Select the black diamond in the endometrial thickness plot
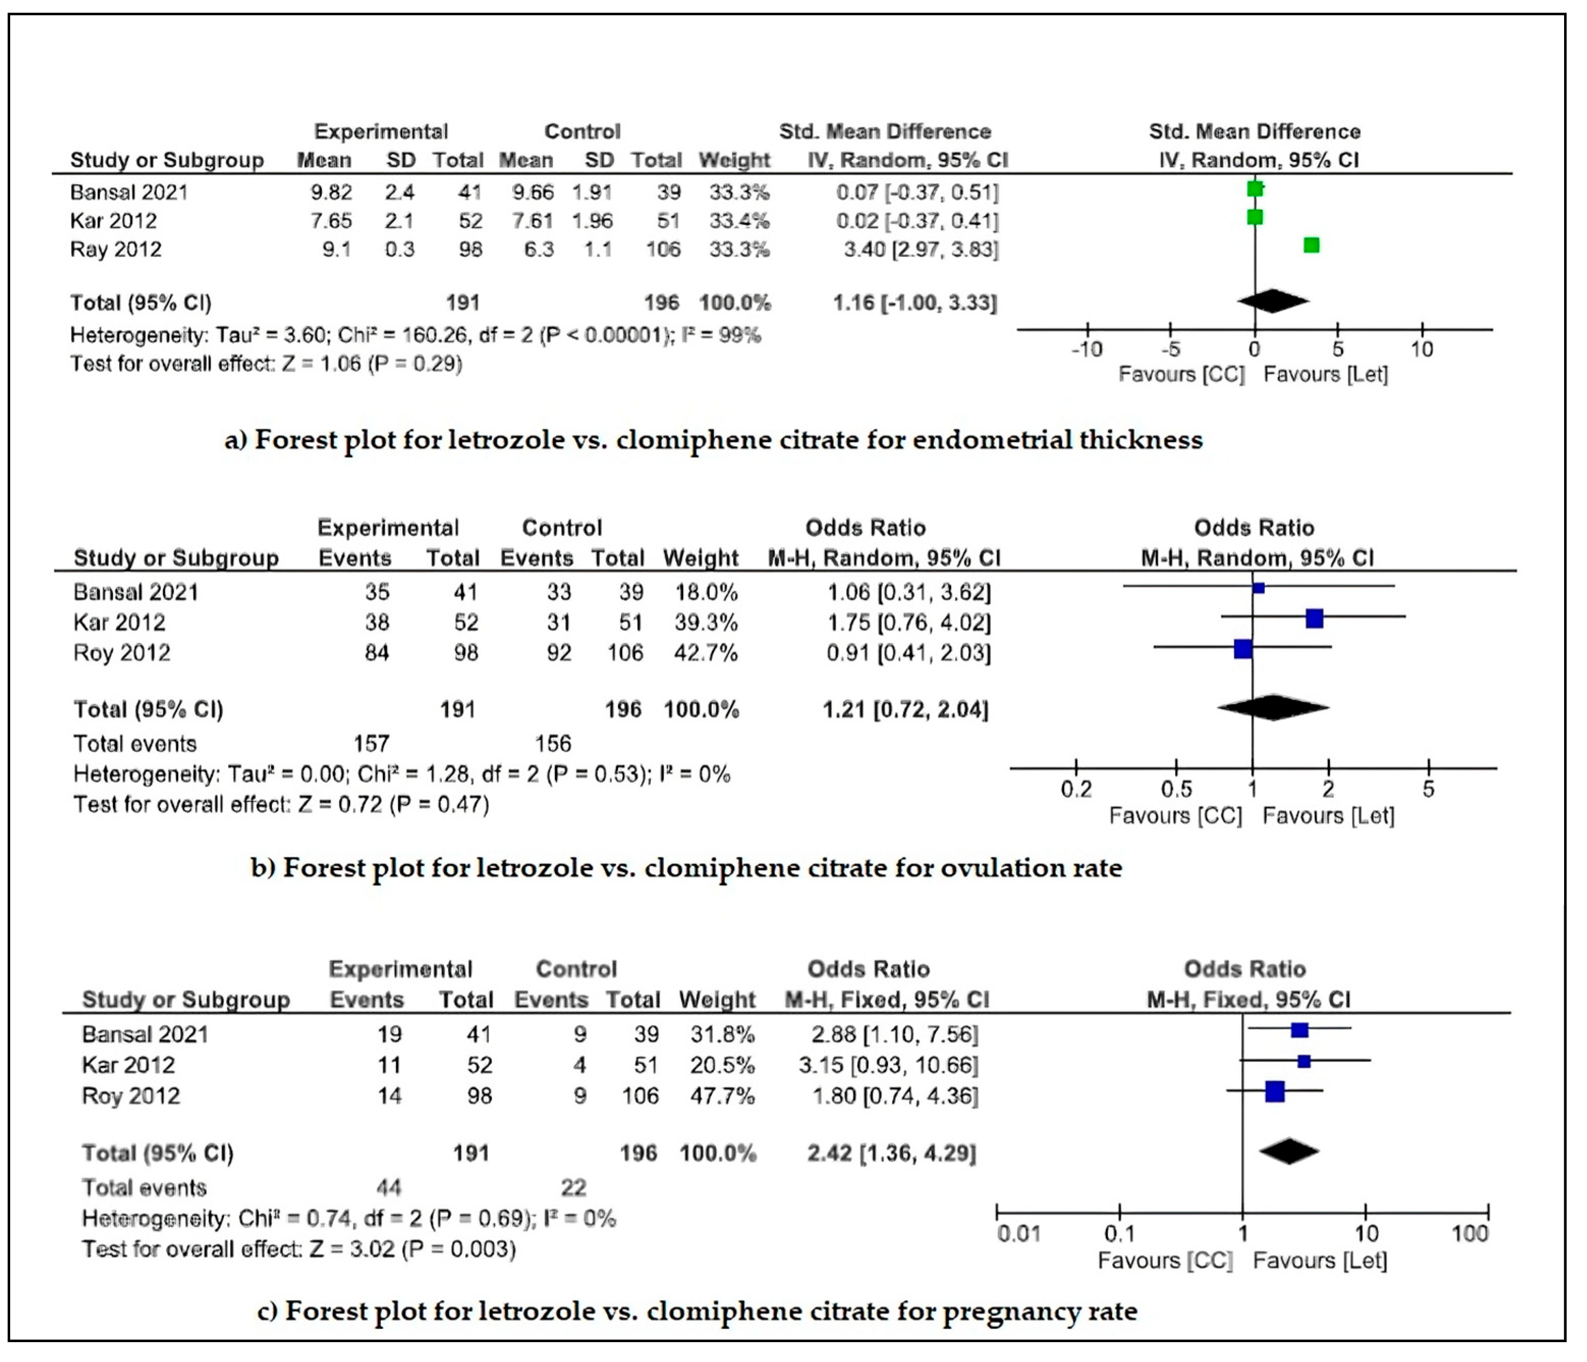[x=1272, y=301]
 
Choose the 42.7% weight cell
[x=706, y=653]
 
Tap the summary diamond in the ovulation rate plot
[x=1272, y=707]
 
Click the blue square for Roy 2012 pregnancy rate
[x=1274, y=1092]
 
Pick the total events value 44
[x=389, y=1187]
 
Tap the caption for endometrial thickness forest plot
[x=713, y=440]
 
